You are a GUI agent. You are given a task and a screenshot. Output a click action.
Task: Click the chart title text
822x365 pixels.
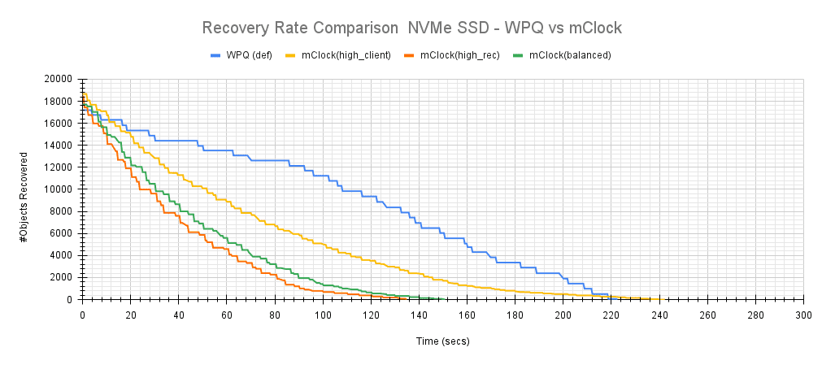[x=411, y=28]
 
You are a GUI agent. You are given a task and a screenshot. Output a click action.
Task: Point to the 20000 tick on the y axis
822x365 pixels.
[x=61, y=79]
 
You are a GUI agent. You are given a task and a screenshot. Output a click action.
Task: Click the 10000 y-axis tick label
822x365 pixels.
[x=61, y=189]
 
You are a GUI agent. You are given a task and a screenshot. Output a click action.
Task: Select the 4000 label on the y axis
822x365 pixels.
[x=63, y=255]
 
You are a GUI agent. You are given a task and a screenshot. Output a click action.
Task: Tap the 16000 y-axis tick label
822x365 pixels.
[x=61, y=124]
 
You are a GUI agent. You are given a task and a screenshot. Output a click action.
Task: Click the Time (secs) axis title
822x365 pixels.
[x=442, y=341]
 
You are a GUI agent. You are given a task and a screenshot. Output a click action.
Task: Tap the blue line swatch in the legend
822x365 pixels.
[x=216, y=55]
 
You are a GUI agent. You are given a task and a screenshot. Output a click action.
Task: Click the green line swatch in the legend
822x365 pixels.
[x=518, y=55]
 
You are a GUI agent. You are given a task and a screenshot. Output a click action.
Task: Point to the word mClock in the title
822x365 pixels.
[x=593, y=28]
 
